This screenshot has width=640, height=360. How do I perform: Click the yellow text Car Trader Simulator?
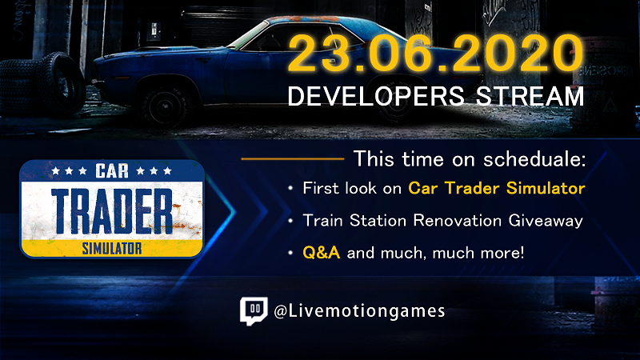pyautogui.click(x=496, y=189)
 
